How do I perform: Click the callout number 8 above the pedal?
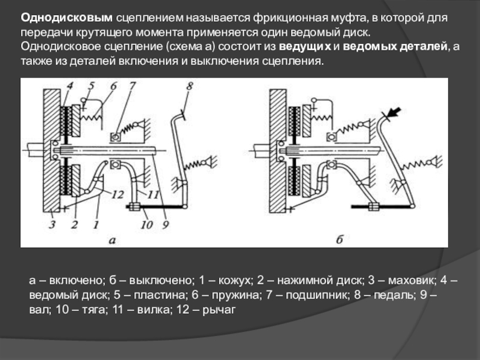[x=190, y=86]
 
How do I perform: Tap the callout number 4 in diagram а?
[x=70, y=86]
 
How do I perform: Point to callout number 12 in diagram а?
[x=118, y=194]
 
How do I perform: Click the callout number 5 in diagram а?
[x=91, y=86]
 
